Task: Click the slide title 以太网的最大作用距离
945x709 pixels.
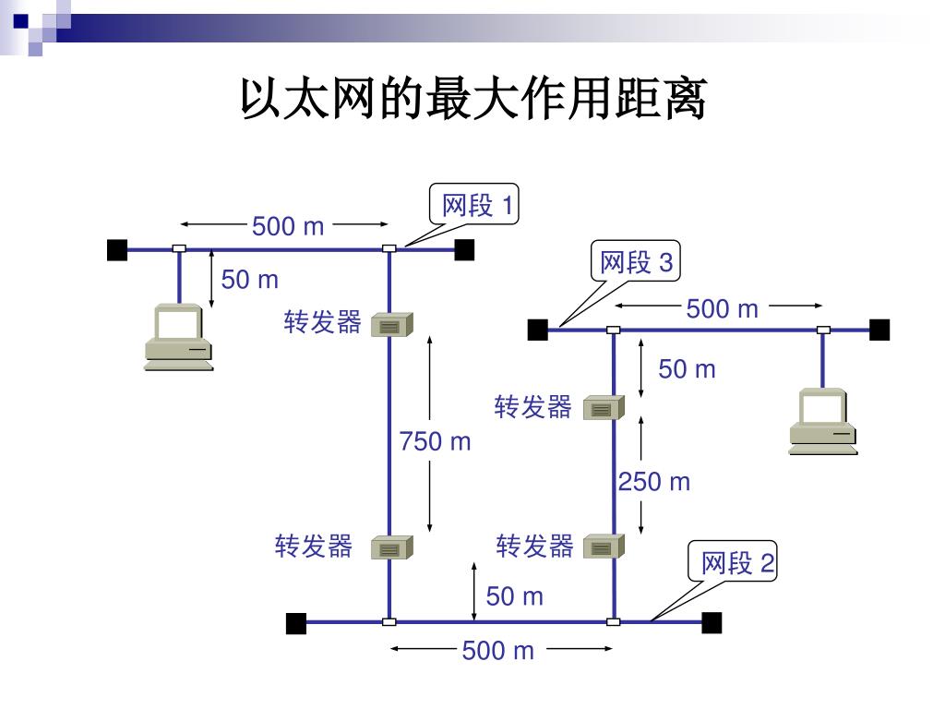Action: pyautogui.click(x=472, y=100)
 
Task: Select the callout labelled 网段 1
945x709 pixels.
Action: pyautogui.click(x=476, y=205)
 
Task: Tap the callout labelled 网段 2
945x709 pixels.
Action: pyautogui.click(x=737, y=562)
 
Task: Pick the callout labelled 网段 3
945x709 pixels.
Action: pyautogui.click(x=636, y=263)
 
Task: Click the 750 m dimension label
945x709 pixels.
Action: pyautogui.click(x=435, y=442)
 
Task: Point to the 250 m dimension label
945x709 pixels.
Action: pyautogui.click(x=654, y=482)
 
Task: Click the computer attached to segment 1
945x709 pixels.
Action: pyautogui.click(x=178, y=337)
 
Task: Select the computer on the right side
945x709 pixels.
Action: pyautogui.click(x=823, y=422)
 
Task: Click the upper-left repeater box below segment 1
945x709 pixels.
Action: pyautogui.click(x=391, y=324)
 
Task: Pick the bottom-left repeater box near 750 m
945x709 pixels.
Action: pyautogui.click(x=391, y=548)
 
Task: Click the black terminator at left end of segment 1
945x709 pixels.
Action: pyautogui.click(x=117, y=249)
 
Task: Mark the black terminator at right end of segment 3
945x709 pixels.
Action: pyautogui.click(x=879, y=330)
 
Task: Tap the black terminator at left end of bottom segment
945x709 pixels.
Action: pyautogui.click(x=296, y=623)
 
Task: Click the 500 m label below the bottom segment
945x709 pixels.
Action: pyautogui.click(x=498, y=651)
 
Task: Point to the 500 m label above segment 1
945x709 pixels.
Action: pyautogui.click(x=288, y=225)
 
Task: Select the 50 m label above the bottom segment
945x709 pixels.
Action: pyautogui.click(x=515, y=596)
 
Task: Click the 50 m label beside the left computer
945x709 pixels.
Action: pyautogui.click(x=249, y=279)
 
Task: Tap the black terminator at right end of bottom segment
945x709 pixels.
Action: pyautogui.click(x=712, y=623)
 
